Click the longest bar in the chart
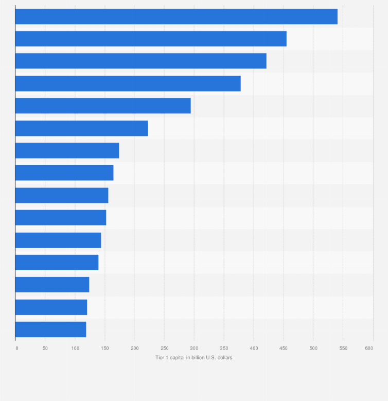pyautogui.click(x=176, y=16)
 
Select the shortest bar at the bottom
pyautogui.click(x=50, y=329)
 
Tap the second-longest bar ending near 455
pyautogui.click(x=151, y=39)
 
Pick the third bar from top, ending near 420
pyautogui.click(x=140, y=61)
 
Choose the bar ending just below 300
pyautogui.click(x=103, y=106)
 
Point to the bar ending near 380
pyautogui.click(x=128, y=83)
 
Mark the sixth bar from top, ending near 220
pyautogui.click(x=81, y=128)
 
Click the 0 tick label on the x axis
pyautogui.click(x=16, y=348)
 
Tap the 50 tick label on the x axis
pyautogui.click(x=45, y=348)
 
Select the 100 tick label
pyautogui.click(x=75, y=348)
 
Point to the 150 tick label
pyautogui.click(x=105, y=348)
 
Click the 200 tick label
pyautogui.click(x=134, y=348)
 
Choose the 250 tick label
pyautogui.click(x=164, y=348)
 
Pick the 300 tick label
pyautogui.click(x=194, y=348)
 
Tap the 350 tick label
pyautogui.click(x=224, y=348)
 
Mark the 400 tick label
pyautogui.click(x=254, y=348)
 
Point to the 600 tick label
pyautogui.click(x=369, y=348)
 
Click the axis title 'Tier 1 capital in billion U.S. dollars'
pyautogui.click(x=193, y=358)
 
